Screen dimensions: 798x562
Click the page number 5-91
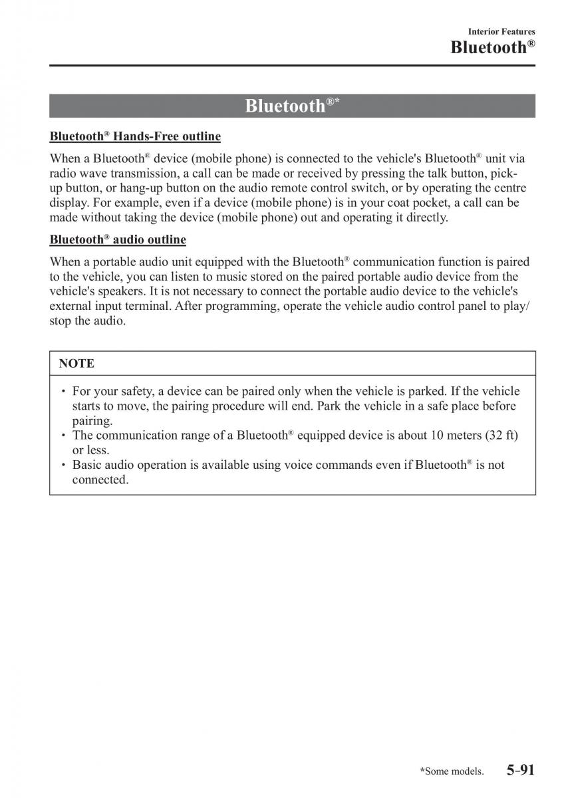coord(520,770)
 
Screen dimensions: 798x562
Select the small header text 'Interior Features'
coord(501,31)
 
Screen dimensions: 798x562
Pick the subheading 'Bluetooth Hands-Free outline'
coord(135,136)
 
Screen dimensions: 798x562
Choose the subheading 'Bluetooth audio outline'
coord(118,239)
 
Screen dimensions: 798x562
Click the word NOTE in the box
coord(76,363)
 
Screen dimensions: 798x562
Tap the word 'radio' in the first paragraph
coord(63,173)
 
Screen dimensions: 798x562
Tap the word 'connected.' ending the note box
coord(100,479)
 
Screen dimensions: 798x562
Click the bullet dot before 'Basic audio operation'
coord(63,465)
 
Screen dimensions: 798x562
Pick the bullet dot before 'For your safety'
coord(63,391)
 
